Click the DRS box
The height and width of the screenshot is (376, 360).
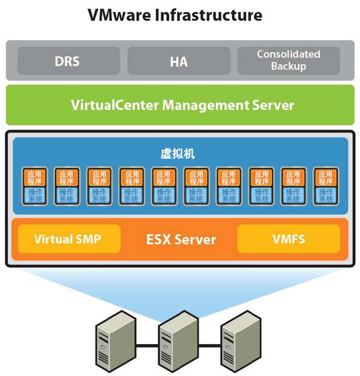pos(68,60)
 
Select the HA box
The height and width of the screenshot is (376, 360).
pos(179,60)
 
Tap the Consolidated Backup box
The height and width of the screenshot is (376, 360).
pos(288,60)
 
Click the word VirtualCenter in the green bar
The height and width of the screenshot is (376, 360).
pos(111,105)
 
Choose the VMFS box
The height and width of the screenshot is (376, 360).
pos(288,240)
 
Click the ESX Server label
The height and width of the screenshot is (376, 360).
pos(181,240)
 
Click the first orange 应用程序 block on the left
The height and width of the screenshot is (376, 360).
pos(34,178)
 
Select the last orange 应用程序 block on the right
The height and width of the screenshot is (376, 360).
pos(325,178)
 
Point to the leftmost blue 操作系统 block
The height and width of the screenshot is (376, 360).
pos(34,196)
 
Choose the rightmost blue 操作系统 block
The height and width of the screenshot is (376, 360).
pos(325,196)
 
